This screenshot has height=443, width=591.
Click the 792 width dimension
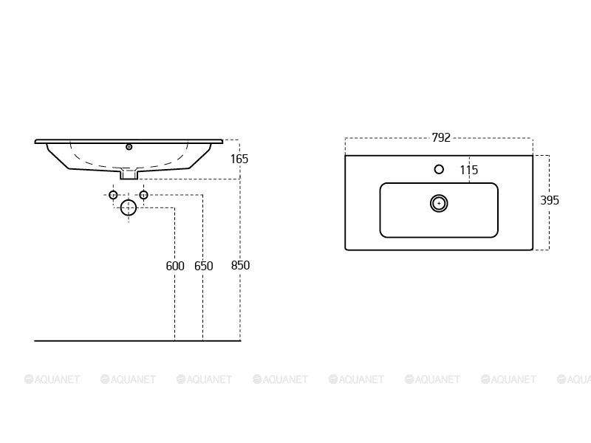441,137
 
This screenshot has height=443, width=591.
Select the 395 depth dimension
550,200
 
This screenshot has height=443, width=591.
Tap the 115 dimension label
469,170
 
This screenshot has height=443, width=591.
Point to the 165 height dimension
239,159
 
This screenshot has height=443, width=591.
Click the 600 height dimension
175,266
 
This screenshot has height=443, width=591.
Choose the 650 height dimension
204,266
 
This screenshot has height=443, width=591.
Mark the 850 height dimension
241,265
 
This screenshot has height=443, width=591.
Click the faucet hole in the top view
439,170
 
